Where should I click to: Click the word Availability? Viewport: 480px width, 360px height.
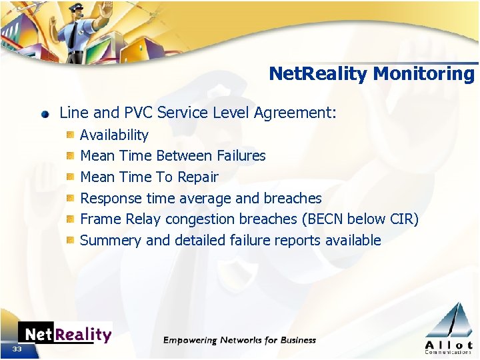[114, 135]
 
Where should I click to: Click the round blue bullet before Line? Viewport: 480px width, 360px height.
[45, 113]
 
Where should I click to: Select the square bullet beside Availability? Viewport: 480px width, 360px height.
[69, 135]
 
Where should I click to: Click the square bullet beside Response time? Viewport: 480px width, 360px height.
[69, 198]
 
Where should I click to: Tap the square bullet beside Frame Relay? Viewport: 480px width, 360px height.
[69, 219]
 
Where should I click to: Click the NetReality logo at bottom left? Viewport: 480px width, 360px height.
[65, 334]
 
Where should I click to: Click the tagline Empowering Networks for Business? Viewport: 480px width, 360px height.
[240, 340]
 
